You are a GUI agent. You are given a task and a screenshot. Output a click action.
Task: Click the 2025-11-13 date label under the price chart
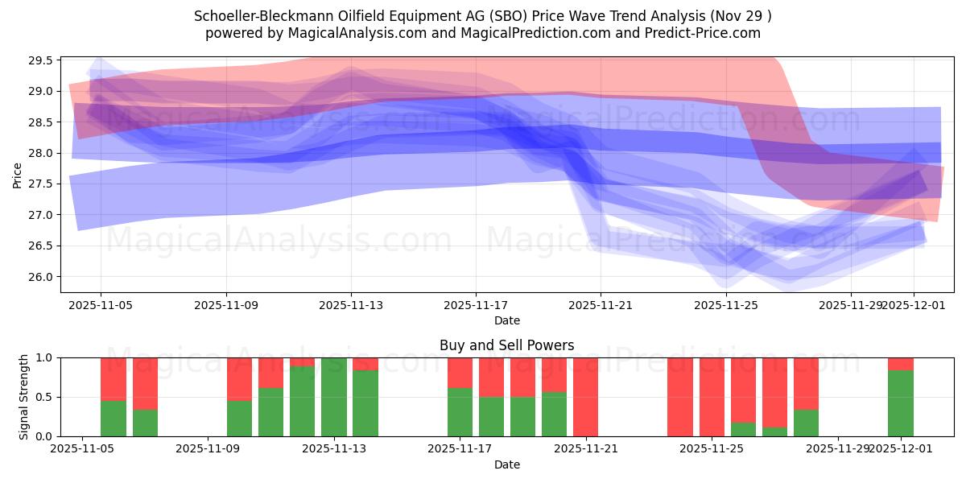pyautogui.click(x=350, y=306)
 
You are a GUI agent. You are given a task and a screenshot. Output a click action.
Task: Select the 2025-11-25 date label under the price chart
pyautogui.click(x=726, y=306)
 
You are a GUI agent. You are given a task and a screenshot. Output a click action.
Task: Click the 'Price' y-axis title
pyautogui.click(x=18, y=175)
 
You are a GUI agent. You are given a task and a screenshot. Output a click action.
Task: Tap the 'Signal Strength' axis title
pyautogui.click(x=24, y=397)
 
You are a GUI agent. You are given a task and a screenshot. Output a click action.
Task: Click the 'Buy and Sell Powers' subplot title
pyautogui.click(x=506, y=345)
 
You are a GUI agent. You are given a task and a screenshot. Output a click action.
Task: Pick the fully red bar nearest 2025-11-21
pyautogui.click(x=585, y=397)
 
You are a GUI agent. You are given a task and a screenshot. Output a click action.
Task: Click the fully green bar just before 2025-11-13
pyautogui.click(x=333, y=397)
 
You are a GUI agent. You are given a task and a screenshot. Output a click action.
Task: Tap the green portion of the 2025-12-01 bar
pyautogui.click(x=900, y=403)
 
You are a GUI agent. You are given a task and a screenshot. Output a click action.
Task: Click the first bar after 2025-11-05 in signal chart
pyautogui.click(x=114, y=397)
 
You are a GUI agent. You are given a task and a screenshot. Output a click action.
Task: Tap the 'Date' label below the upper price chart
pyautogui.click(x=506, y=320)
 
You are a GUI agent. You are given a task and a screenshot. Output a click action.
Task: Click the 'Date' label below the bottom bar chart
pyautogui.click(x=506, y=464)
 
